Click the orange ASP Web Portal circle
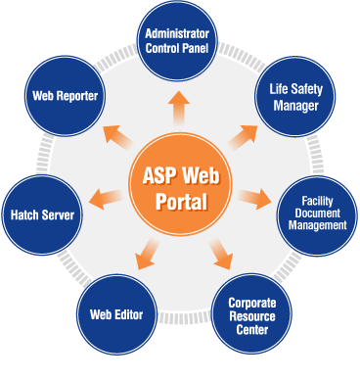[180, 184]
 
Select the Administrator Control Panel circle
[177, 40]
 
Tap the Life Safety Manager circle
[295, 97]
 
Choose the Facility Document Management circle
[317, 215]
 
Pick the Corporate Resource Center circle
[251, 314]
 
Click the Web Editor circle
[116, 314]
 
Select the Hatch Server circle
[42, 214]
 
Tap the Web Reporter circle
[66, 96]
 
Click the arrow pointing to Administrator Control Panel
[179, 108]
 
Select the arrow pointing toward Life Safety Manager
[243, 138]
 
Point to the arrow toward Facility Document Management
[254, 199]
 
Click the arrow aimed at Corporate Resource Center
[221, 254]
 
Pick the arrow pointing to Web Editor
[147, 254]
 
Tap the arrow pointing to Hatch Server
[106, 199]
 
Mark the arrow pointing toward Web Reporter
[117, 138]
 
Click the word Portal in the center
[181, 201]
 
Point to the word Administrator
[177, 33]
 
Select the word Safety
[306, 89]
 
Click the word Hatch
[24, 214]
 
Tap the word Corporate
[252, 303]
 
